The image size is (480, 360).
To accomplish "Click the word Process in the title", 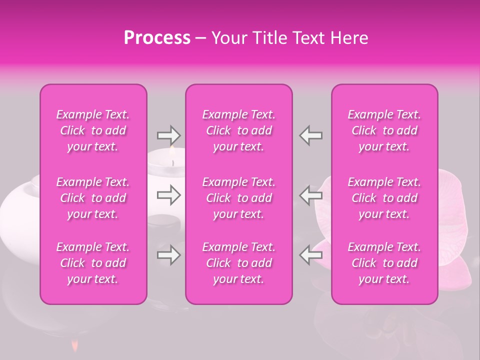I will (157, 38).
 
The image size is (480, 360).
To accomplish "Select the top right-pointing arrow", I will (168, 135).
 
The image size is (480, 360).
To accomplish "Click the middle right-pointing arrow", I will (168, 195).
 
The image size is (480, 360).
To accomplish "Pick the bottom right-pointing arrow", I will (168, 255).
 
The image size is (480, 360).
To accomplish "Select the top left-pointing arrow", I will (310, 135).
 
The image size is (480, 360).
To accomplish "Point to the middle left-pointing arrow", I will (310, 195).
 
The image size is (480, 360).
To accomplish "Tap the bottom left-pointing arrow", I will (310, 255).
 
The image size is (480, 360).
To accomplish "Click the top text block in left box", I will (93, 130).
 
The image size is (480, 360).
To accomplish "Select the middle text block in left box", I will (93, 198).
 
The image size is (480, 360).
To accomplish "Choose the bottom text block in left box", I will (93, 263).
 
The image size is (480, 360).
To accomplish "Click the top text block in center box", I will (239, 130).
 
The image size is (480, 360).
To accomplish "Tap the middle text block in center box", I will (239, 198).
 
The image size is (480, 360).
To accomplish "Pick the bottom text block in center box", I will (239, 263).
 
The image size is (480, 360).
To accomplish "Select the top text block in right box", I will (384, 130).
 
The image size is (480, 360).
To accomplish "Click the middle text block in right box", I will (384, 198).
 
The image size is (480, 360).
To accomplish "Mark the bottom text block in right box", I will (384, 263).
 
